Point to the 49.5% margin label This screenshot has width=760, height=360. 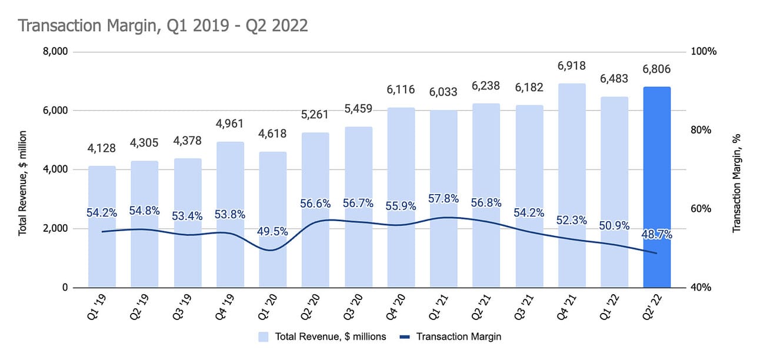272,231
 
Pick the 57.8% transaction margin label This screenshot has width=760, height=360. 444,199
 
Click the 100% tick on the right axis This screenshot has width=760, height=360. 705,52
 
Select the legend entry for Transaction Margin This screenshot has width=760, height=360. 452,337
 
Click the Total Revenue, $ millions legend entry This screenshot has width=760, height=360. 322,337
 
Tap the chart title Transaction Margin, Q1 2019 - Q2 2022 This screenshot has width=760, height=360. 163,26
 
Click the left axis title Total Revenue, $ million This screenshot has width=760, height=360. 23,183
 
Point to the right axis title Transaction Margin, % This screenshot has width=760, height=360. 736,183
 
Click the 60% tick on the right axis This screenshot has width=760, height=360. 702,209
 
